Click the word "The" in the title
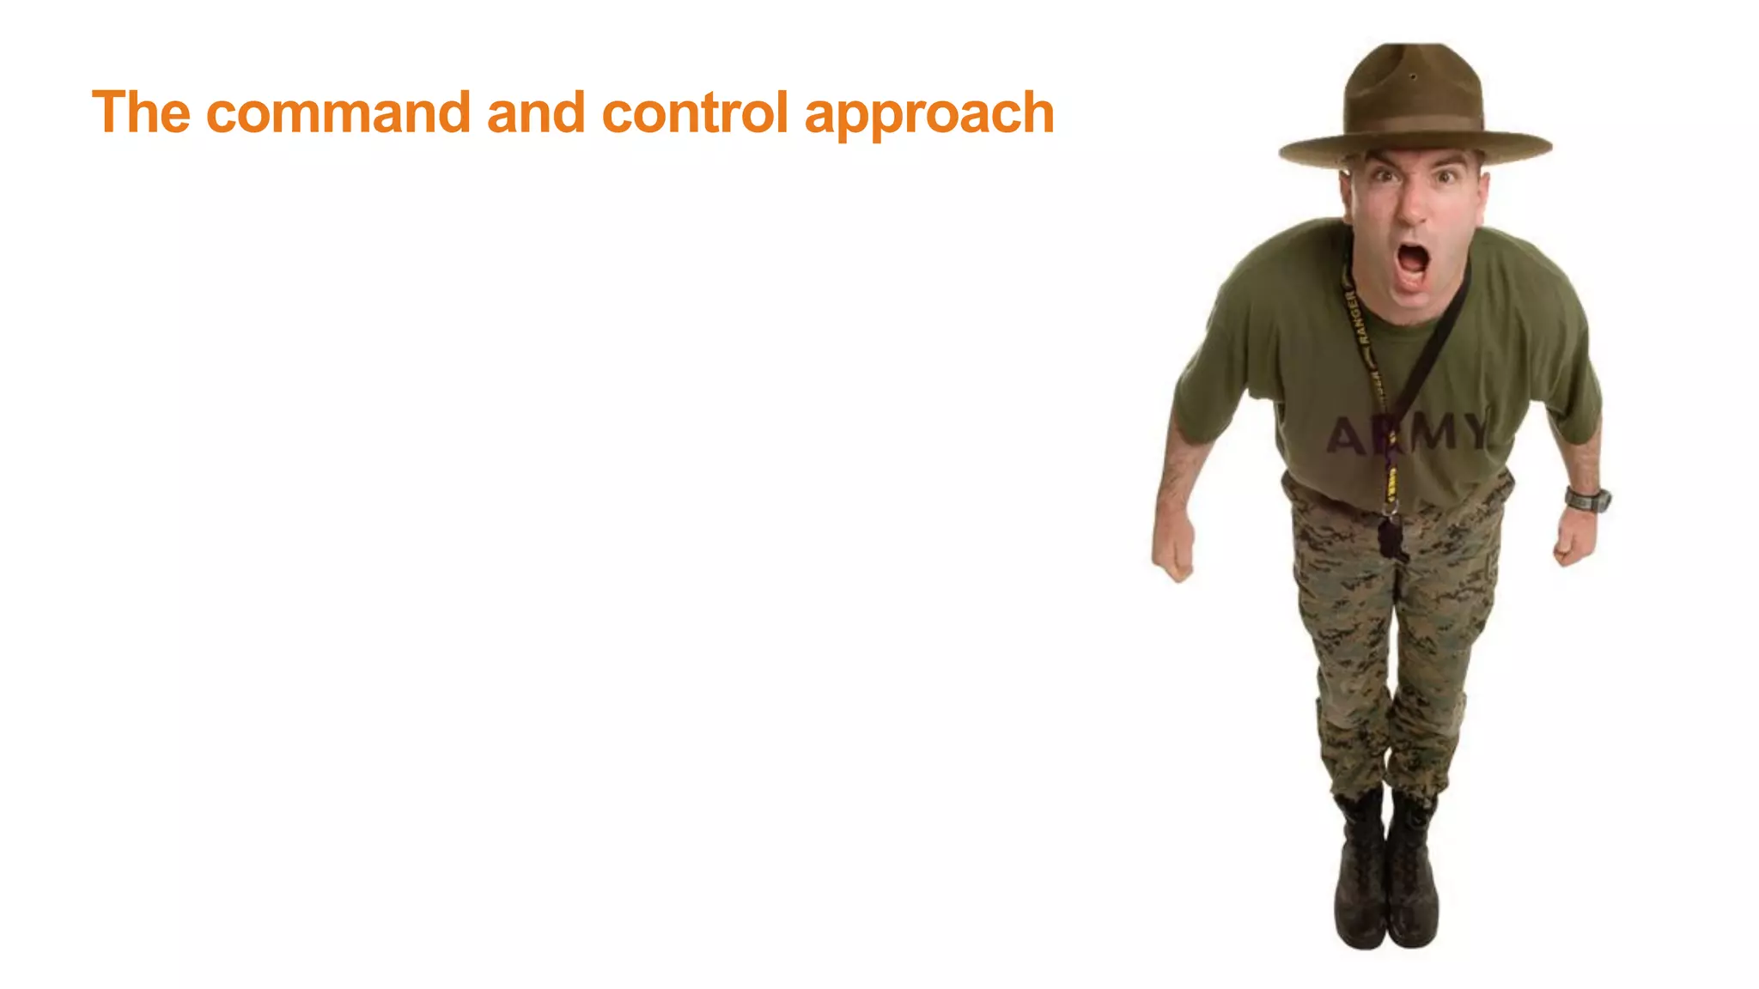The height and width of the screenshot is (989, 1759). [x=141, y=112]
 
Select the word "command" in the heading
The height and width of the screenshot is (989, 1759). [x=338, y=112]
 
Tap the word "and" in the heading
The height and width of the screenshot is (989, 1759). [x=536, y=112]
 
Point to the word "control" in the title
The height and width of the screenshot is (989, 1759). [x=695, y=112]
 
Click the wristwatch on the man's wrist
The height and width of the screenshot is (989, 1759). [x=1586, y=499]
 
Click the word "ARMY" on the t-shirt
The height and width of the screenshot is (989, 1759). [x=1409, y=432]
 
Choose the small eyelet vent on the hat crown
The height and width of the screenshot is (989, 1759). [x=1413, y=77]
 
